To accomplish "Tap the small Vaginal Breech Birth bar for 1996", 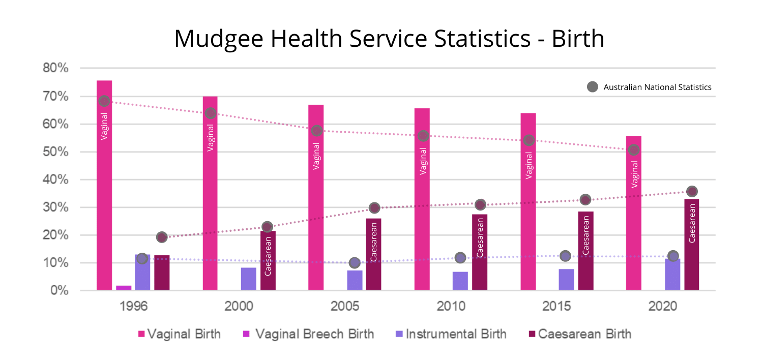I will (x=124, y=288).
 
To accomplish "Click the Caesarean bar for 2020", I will (x=692, y=245).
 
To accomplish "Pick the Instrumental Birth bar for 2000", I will (x=249, y=279).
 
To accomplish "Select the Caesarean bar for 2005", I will (x=373, y=254).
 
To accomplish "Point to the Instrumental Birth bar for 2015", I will (x=566, y=280).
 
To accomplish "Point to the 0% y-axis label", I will (x=58, y=291).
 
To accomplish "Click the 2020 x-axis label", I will (x=663, y=307).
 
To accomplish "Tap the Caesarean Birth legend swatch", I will (x=532, y=334).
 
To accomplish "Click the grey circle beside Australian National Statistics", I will (x=592, y=87).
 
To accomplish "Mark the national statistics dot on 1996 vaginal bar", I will (x=104, y=101).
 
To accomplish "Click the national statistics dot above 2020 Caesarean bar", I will (x=692, y=192).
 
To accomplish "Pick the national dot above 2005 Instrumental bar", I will (x=355, y=263).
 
